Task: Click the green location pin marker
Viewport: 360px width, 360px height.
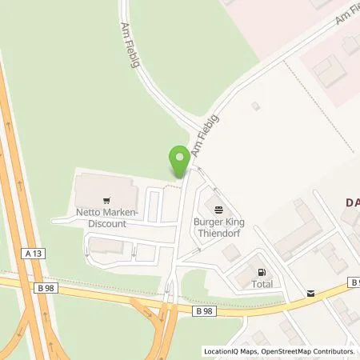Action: coord(180,160)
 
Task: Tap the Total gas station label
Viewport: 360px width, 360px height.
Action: coord(262,284)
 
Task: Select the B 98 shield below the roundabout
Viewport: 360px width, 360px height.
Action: coord(205,310)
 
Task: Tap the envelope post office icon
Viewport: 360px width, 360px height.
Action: coord(310,294)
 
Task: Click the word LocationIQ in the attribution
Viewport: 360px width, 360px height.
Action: coord(219,351)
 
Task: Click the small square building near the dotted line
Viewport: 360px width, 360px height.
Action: coord(255,106)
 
